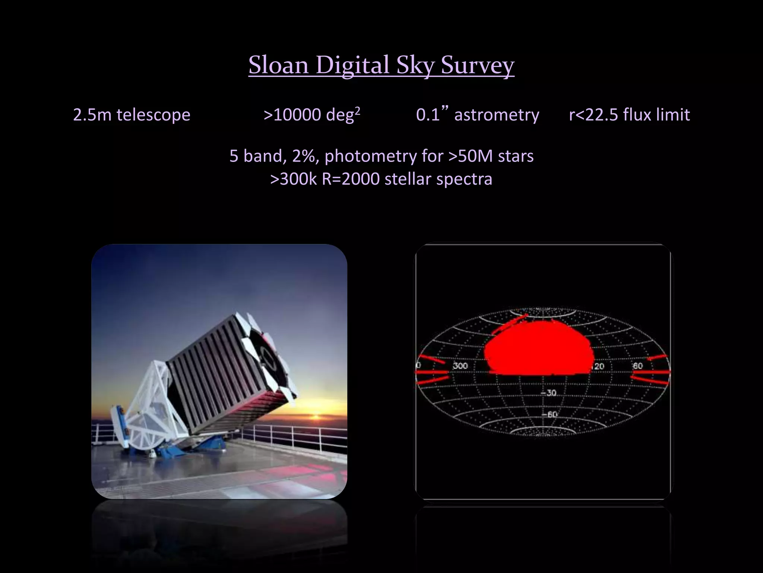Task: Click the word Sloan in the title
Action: [278, 65]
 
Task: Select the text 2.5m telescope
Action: [132, 115]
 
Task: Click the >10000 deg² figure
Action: [311, 115]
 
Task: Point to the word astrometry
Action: [497, 115]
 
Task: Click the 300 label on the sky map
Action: [460, 366]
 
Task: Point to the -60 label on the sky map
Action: [549, 414]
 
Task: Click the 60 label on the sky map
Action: [638, 366]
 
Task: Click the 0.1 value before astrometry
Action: [428, 115]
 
